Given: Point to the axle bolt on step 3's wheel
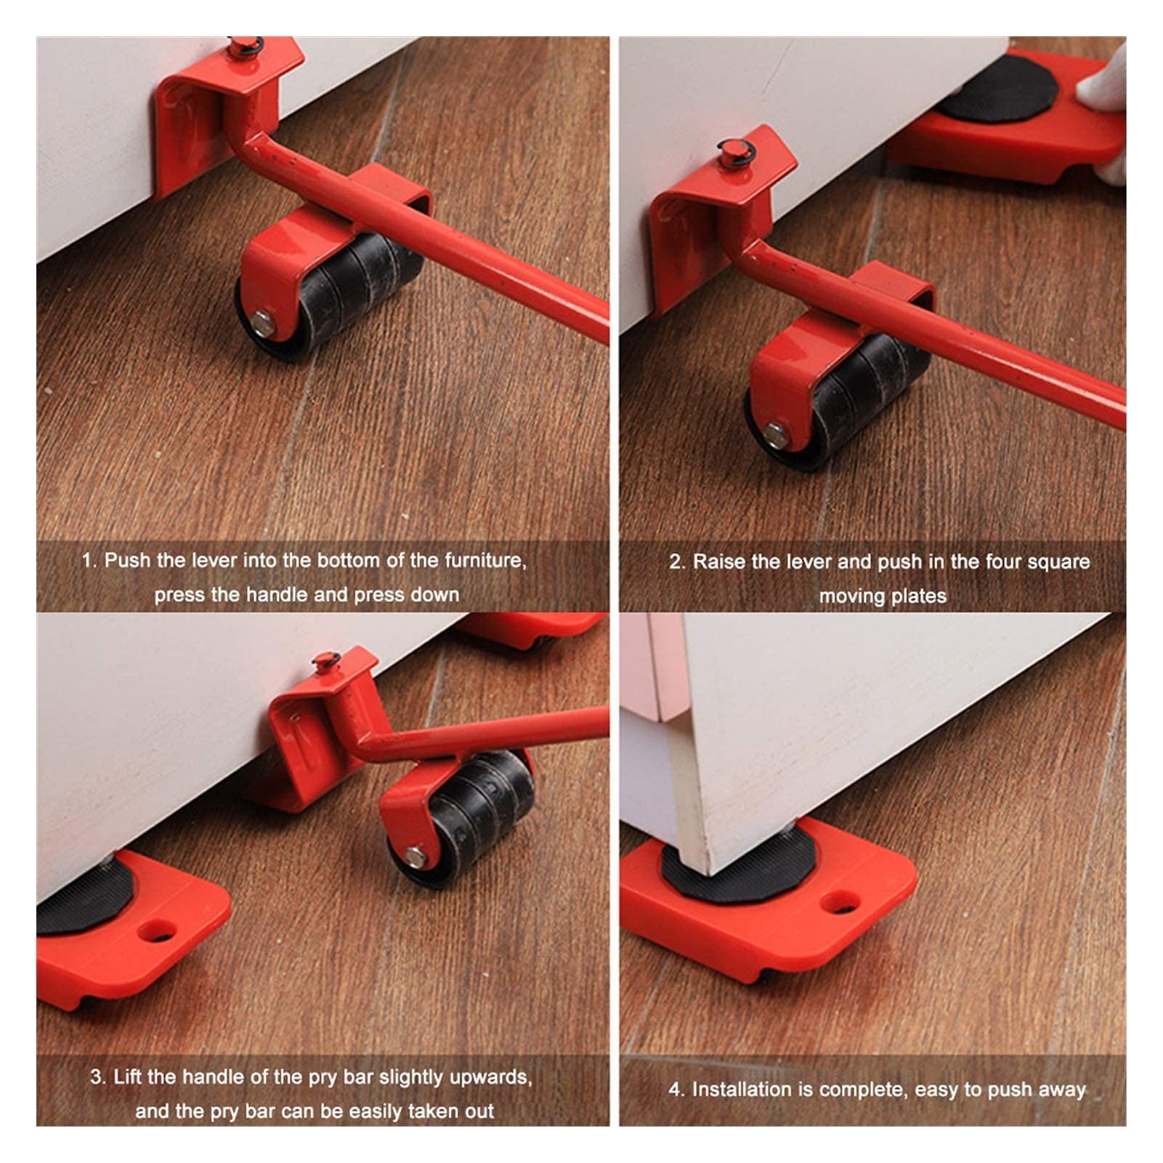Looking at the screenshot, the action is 415,856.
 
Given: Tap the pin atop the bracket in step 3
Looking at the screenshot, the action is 326,661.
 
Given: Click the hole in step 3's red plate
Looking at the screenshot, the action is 158,931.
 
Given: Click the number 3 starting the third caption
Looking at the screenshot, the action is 96,1077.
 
